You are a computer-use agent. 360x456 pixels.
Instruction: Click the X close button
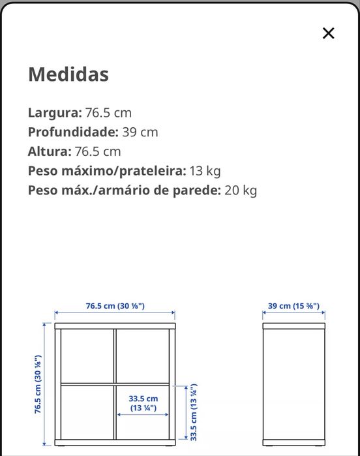click(x=328, y=33)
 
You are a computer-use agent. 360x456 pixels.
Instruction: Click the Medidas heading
click(x=68, y=74)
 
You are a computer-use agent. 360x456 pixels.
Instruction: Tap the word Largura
click(x=54, y=112)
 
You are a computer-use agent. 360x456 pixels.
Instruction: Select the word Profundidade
click(x=72, y=132)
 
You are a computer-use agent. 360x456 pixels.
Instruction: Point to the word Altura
click(x=49, y=151)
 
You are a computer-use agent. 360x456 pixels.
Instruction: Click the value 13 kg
click(x=205, y=171)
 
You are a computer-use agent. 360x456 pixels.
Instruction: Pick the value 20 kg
click(x=241, y=190)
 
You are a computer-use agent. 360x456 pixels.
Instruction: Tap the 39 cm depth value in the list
click(x=140, y=132)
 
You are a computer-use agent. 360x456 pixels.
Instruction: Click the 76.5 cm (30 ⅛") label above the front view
click(x=115, y=305)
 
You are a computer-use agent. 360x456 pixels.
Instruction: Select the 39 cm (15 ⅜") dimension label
click(x=293, y=305)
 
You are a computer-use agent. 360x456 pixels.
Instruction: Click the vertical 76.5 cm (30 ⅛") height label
click(x=38, y=384)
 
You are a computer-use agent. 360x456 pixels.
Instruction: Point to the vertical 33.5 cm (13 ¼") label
click(x=194, y=412)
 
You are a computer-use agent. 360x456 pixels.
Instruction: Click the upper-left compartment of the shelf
click(x=86, y=355)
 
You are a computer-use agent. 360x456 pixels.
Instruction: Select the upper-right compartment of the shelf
click(x=143, y=355)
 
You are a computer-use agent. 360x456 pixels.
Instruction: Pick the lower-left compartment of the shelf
click(x=86, y=414)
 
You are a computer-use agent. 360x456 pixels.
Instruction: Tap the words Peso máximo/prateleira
click(x=107, y=171)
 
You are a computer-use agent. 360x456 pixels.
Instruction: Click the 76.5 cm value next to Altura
click(x=98, y=151)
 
